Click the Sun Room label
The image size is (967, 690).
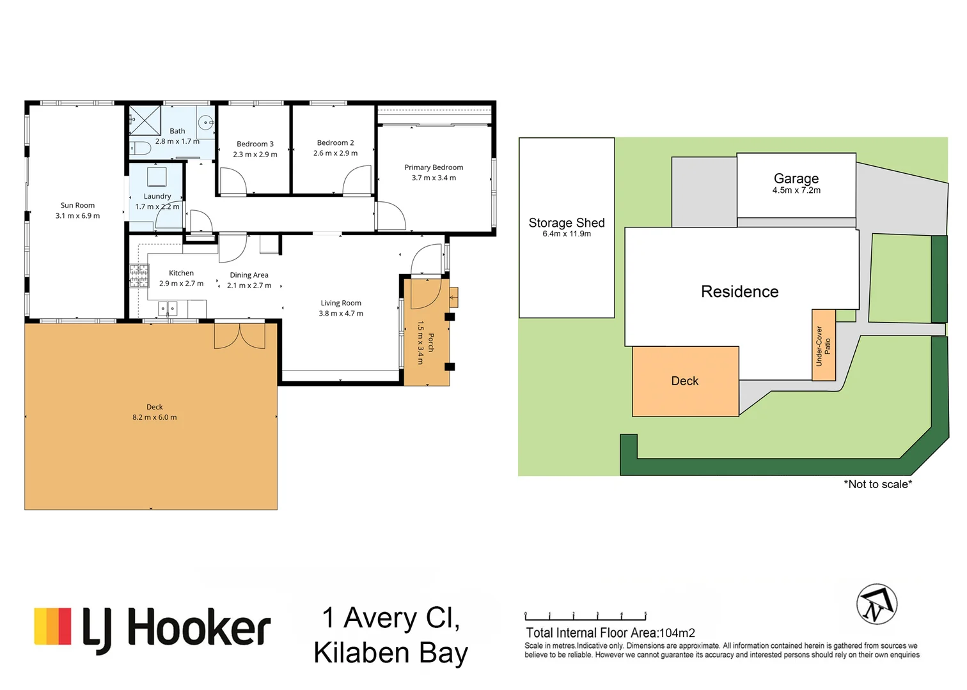point(77,205)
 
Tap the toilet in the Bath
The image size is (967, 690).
point(140,148)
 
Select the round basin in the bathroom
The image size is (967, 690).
point(206,123)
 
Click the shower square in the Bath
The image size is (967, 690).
point(145,120)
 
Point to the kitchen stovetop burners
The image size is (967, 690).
point(139,276)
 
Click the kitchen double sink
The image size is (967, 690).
point(168,309)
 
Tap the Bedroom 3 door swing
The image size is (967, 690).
point(233,181)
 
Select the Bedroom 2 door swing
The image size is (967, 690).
point(357,180)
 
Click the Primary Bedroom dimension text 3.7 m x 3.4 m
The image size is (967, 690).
point(434,178)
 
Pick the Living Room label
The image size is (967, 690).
point(341,303)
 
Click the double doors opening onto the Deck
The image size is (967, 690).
point(240,336)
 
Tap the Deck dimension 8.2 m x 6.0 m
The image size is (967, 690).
point(155,417)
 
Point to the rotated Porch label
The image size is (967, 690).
point(430,342)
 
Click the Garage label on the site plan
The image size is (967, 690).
point(796,178)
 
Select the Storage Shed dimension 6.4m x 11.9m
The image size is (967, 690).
point(567,234)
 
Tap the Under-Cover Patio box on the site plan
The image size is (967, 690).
point(823,345)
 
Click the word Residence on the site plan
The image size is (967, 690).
point(739,291)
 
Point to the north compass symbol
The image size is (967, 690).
point(877,604)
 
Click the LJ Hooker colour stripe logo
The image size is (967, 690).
point(52,627)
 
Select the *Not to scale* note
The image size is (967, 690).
point(877,484)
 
